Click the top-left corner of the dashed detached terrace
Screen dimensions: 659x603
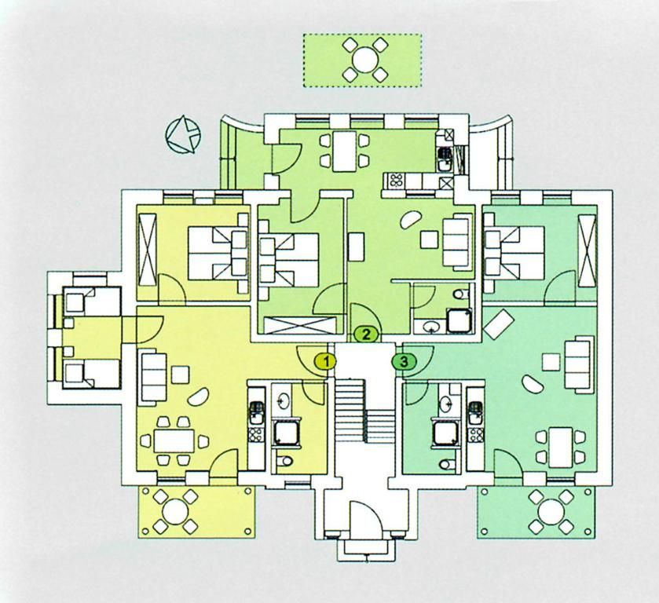[303, 35]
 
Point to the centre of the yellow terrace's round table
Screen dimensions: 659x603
[175, 512]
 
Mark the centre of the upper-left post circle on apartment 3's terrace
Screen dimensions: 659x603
[485, 492]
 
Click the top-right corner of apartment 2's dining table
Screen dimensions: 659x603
[356, 132]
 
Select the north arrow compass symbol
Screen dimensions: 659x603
[183, 134]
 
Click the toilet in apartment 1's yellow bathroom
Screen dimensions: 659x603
[285, 461]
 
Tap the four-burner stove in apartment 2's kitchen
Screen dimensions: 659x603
[396, 181]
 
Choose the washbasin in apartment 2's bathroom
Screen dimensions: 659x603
[430, 326]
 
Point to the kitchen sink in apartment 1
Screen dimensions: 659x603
[256, 413]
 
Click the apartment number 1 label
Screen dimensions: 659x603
[327, 361]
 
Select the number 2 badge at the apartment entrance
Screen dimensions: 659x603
[367, 334]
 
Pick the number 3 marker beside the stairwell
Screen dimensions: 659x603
[404, 361]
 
